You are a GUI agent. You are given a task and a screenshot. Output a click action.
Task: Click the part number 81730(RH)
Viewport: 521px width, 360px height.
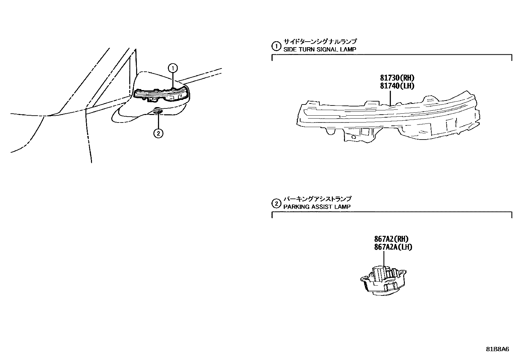(x=397, y=78)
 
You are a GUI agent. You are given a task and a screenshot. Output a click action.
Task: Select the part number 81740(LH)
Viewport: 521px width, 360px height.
(x=397, y=86)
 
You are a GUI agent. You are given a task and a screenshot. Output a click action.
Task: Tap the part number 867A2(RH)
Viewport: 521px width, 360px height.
(x=391, y=239)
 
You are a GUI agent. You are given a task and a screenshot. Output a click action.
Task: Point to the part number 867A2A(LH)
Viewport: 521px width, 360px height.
(x=393, y=247)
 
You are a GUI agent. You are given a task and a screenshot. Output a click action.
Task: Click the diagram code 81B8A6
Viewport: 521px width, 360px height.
(x=497, y=349)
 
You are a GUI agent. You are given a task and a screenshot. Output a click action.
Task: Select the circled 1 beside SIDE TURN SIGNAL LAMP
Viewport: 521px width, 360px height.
(x=277, y=46)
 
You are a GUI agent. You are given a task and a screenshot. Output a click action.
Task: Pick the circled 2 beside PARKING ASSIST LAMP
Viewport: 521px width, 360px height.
(x=277, y=203)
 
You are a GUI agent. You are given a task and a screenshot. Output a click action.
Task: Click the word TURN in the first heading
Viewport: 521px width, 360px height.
(x=304, y=49)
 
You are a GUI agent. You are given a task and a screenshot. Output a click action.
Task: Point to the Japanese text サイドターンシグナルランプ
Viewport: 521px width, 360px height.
(x=320, y=42)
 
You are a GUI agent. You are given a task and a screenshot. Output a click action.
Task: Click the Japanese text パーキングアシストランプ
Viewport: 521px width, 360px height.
(x=317, y=199)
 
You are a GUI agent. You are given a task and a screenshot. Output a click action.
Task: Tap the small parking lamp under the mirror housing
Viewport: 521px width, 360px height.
(x=158, y=112)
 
